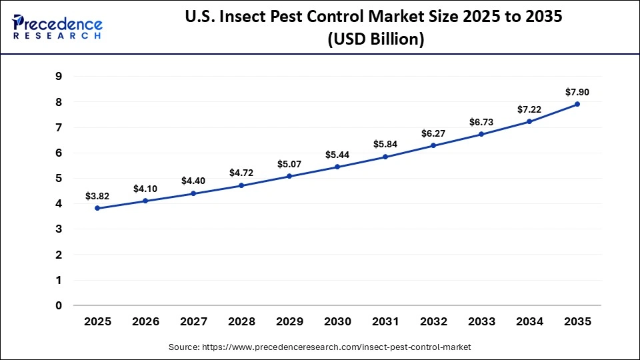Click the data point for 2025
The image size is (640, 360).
pos(97,208)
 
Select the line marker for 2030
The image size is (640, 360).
pos(337,167)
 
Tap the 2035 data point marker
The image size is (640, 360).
pos(577,104)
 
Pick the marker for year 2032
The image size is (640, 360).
pos(433,145)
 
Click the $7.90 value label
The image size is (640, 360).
pos(577,92)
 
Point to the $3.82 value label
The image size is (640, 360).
pos(97,196)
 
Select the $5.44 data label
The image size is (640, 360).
pos(337,155)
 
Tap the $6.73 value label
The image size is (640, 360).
pos(481,122)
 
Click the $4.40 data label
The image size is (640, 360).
pos(193,181)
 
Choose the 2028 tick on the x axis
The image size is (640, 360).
pos(241,321)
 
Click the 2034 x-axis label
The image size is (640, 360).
pos(529,321)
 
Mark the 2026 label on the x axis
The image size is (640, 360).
pos(145,321)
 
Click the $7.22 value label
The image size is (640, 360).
pos(529,109)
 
